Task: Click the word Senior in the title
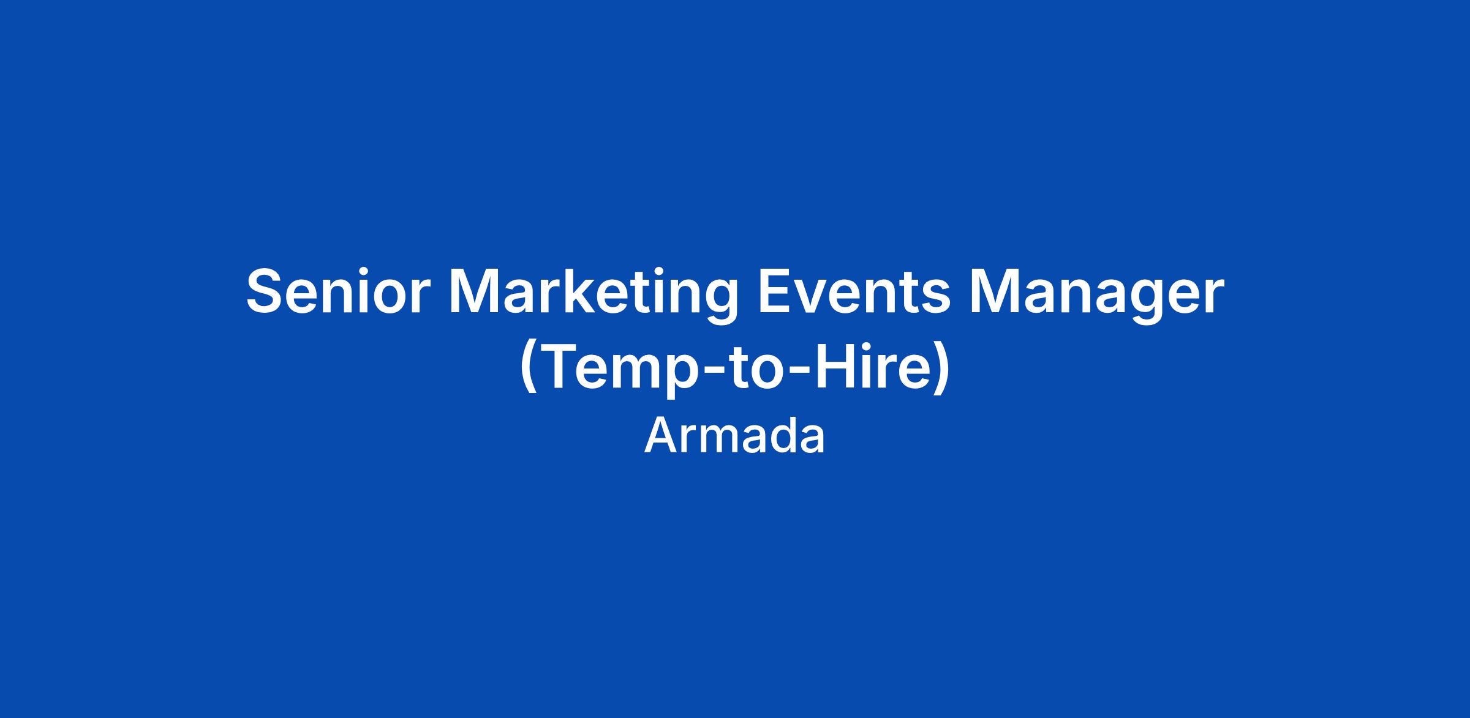335,291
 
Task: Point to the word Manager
1097,296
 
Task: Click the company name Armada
734,436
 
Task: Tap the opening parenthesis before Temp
529,370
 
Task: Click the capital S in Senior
266,291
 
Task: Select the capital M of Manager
996,292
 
